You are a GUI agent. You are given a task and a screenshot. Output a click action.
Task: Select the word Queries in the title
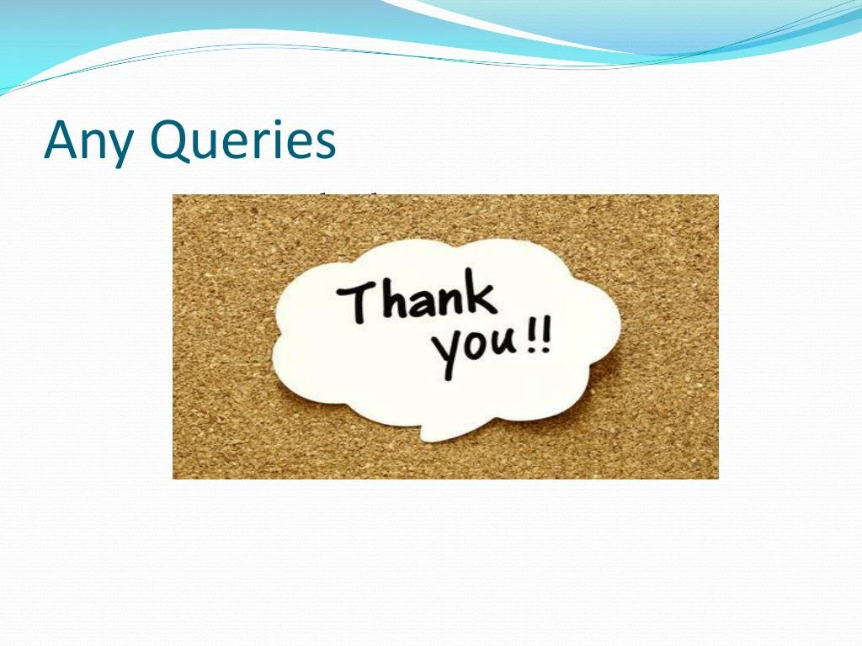[242, 141]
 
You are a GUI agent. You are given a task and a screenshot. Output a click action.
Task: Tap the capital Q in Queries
[168, 140]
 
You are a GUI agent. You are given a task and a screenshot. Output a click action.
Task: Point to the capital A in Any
[61, 140]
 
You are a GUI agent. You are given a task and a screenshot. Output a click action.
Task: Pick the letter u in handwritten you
[505, 343]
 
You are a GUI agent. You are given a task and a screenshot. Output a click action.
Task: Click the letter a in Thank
[419, 303]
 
